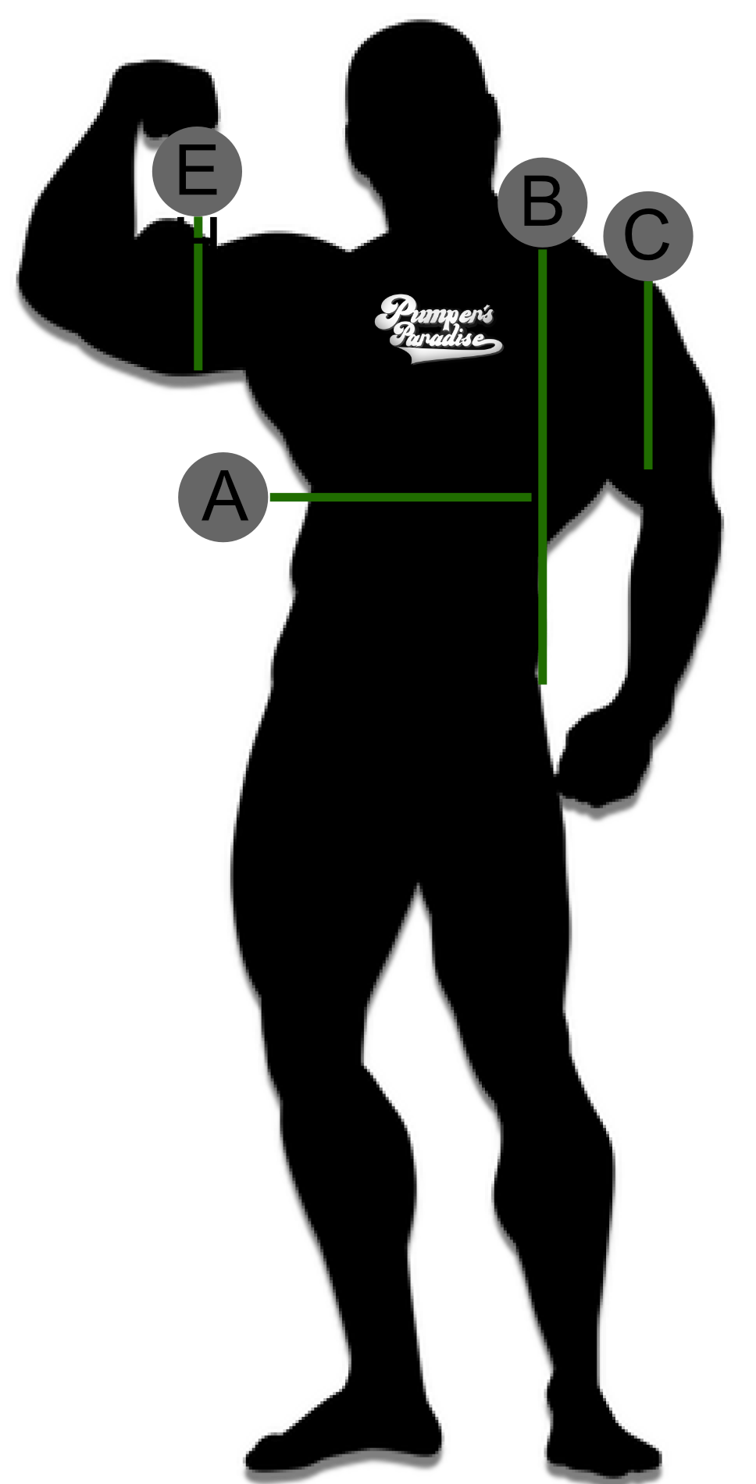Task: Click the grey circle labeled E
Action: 197,172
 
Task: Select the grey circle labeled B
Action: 543,202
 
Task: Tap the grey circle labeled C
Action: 648,236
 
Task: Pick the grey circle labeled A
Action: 223,498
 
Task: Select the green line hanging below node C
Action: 648,375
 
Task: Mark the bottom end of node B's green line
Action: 543,683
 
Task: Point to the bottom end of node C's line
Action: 648,467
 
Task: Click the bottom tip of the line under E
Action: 198,368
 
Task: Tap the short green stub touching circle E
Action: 198,227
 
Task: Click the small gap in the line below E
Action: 198,241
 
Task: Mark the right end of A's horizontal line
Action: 529,498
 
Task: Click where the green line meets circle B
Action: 543,250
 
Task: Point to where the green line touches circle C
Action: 648,283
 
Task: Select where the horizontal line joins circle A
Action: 271,498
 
